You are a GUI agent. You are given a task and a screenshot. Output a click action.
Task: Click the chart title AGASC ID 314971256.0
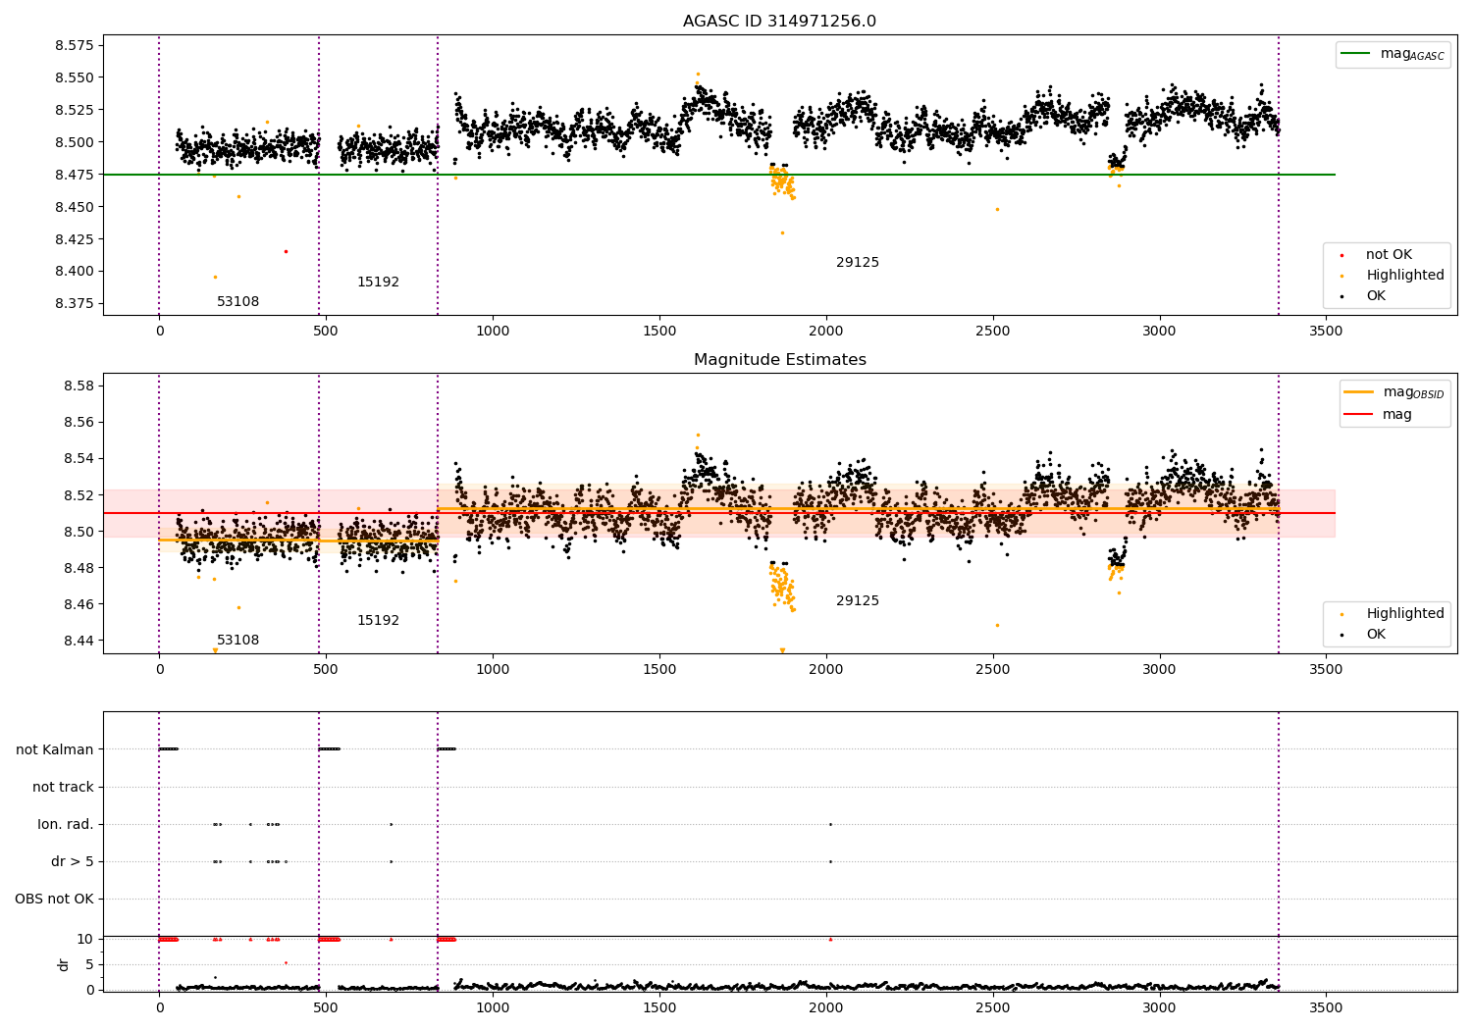pyautogui.click(x=779, y=22)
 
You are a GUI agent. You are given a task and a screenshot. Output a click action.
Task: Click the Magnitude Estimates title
pyautogui.click(x=779, y=360)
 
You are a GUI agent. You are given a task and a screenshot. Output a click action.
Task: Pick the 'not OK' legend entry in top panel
pyautogui.click(x=1388, y=255)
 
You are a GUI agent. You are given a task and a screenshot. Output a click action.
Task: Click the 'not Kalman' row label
pyautogui.click(x=55, y=749)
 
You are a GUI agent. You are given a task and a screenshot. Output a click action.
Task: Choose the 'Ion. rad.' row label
pyautogui.click(x=66, y=824)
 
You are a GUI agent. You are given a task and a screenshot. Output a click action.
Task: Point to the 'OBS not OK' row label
pyautogui.click(x=54, y=899)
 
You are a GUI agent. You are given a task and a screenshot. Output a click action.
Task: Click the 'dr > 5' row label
pyautogui.click(x=73, y=861)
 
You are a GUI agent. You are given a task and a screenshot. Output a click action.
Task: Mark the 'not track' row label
pyautogui.click(x=63, y=787)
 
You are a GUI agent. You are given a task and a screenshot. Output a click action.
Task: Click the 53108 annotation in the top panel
pyautogui.click(x=237, y=302)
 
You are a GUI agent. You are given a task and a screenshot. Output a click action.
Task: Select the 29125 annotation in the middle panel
pyautogui.click(x=857, y=601)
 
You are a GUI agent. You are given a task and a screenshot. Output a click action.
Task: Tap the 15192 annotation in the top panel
pyautogui.click(x=378, y=283)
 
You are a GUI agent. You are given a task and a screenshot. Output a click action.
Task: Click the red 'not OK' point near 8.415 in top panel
pyautogui.click(x=286, y=251)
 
